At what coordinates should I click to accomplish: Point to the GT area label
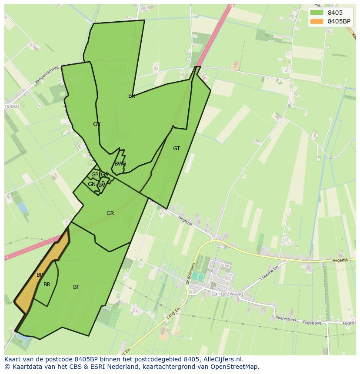click(177, 149)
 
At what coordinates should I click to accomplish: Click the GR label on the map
click(110, 213)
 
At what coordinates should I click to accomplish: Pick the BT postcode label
click(77, 287)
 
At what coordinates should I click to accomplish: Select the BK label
click(132, 96)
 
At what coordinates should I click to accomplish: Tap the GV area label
click(97, 124)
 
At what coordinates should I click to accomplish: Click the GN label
click(91, 184)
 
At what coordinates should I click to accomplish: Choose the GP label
click(94, 175)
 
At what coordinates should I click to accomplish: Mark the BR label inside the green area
click(47, 285)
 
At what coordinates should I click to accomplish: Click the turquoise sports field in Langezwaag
click(197, 277)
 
